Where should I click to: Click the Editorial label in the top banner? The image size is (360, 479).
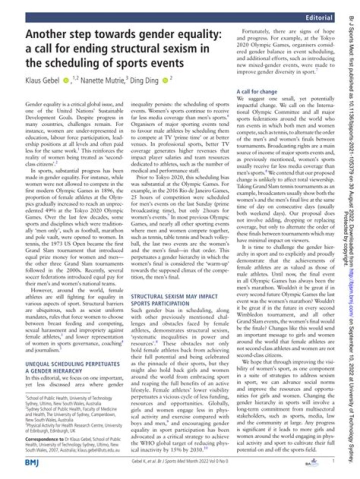319,18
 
